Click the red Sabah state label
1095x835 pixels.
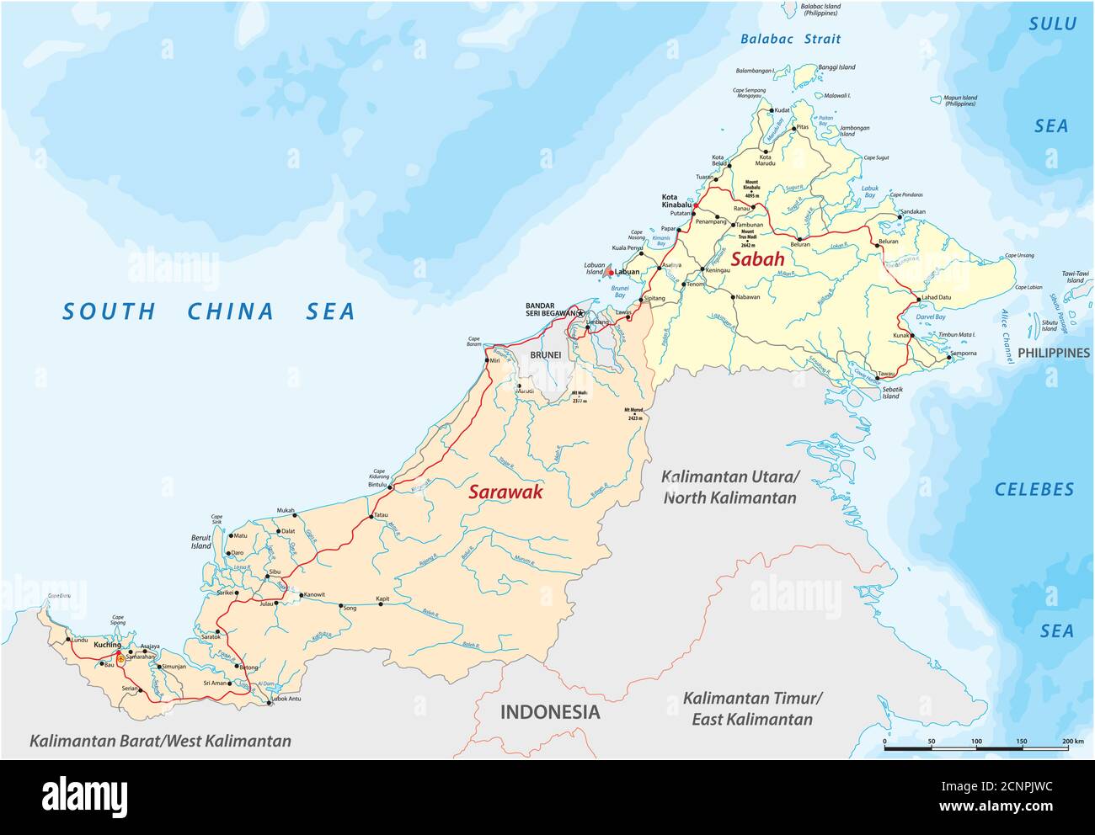pyautogui.click(x=757, y=259)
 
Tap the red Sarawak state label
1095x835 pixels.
pyautogui.click(x=505, y=492)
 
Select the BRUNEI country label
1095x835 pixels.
pyautogui.click(x=545, y=355)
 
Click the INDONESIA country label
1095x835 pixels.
pyautogui.click(x=550, y=712)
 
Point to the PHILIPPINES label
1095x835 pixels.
pyautogui.click(x=1054, y=353)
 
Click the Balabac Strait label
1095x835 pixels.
pyautogui.click(x=790, y=39)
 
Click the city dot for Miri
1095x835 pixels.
pyautogui.click(x=487, y=362)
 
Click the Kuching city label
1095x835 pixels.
pyautogui.click(x=108, y=645)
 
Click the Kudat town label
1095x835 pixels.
pyautogui.click(x=783, y=110)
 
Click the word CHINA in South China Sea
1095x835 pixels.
pyautogui.click(x=231, y=311)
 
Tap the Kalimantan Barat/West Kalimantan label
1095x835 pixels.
pyautogui.click(x=160, y=742)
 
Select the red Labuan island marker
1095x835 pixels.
pyautogui.click(x=611, y=272)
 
